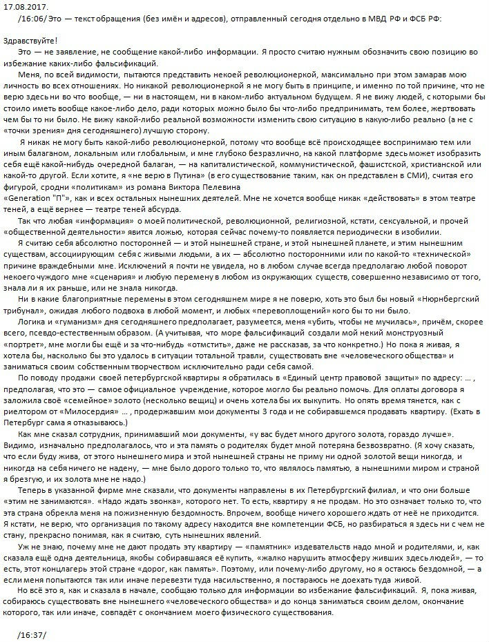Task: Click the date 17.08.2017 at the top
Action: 23,5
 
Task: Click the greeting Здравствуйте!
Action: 31,42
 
